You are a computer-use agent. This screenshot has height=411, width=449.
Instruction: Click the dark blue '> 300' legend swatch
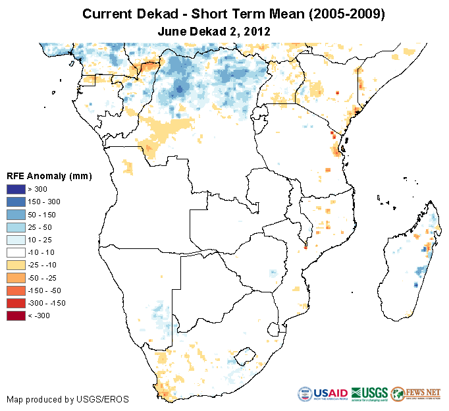pos(16,189)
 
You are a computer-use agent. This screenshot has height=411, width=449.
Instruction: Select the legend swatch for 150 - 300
pos(16,202)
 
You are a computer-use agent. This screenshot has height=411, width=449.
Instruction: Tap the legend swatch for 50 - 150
pos(16,214)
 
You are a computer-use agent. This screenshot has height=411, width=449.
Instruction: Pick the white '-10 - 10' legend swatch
pos(16,252)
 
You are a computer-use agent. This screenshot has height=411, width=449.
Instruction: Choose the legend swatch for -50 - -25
pos(16,277)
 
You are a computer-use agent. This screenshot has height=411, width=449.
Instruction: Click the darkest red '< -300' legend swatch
pos(16,315)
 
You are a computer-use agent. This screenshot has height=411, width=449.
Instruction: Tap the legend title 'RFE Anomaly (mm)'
pos(49,177)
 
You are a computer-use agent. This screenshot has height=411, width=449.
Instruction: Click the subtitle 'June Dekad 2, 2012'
pos(215,31)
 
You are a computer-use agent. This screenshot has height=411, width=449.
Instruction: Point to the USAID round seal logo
pos(307,395)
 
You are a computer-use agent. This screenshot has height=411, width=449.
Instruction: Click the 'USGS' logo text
pos(373,393)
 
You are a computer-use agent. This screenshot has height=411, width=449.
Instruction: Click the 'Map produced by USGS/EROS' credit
pos(68,399)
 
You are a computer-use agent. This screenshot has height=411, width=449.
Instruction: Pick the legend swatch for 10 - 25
pos(16,240)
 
